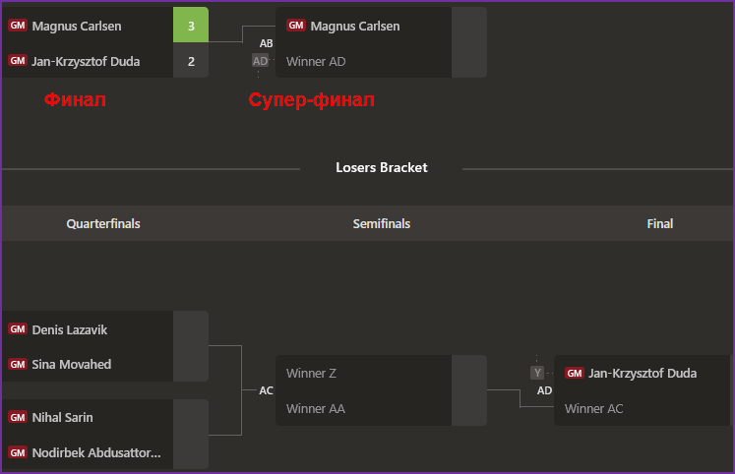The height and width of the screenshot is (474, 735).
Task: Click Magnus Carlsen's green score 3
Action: point(191,26)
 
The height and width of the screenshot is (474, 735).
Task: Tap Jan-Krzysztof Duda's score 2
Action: point(191,61)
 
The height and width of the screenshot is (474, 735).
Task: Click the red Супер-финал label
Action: point(312,99)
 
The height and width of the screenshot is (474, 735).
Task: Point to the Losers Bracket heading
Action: point(381,167)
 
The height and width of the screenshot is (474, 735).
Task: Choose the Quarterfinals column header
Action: point(103,223)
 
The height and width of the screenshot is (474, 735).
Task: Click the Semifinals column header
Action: point(382,223)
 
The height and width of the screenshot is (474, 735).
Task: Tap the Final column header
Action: point(660,223)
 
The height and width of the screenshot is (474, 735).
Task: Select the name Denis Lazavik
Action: point(70,329)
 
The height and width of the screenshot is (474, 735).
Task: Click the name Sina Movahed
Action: point(72,364)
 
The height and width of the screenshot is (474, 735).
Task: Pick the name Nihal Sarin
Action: point(63,417)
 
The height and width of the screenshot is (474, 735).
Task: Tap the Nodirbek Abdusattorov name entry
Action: point(96,452)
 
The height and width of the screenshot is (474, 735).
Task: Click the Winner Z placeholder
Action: point(311,373)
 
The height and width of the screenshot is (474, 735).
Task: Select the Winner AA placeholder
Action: point(315,408)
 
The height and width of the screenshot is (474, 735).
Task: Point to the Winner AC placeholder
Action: point(594,408)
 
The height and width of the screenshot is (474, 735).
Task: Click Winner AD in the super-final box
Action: point(316,61)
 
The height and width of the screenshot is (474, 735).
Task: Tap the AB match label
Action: point(267,43)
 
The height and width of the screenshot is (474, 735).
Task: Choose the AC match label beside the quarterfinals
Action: point(267,390)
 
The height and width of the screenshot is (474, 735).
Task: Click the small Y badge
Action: point(537,373)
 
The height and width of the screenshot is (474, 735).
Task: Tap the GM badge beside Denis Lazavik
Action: point(18,329)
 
